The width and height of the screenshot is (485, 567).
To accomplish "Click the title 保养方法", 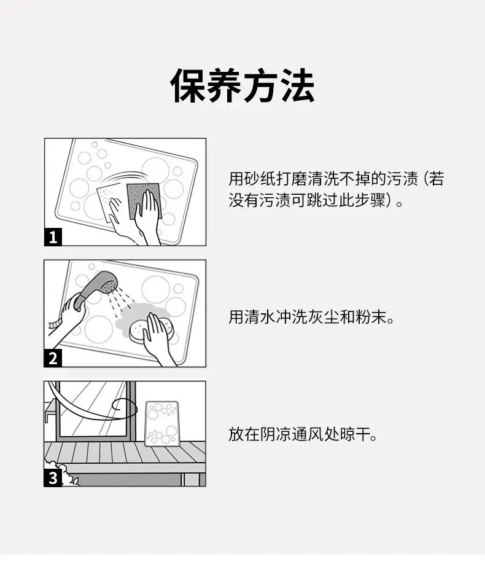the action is (242, 86).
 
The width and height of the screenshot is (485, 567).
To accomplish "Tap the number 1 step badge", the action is (53, 237).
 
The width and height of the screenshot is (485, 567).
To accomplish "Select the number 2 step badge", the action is (53, 358).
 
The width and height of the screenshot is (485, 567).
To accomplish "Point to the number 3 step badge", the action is (53, 477).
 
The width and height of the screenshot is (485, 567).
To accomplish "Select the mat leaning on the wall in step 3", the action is (162, 424).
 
